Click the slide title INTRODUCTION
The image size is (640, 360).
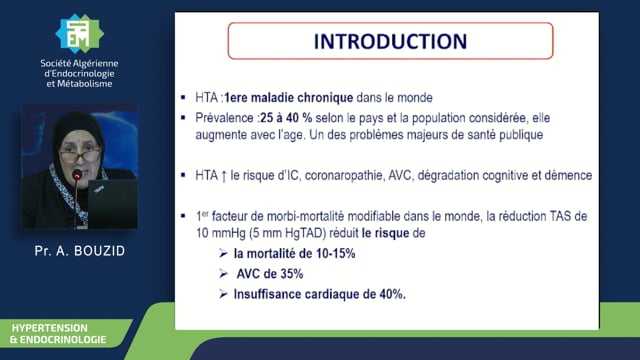click(390, 41)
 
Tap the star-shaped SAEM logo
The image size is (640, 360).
click(79, 34)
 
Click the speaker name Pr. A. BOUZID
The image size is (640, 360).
click(80, 251)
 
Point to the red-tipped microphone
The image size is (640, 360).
click(76, 176)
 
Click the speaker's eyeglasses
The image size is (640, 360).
click(80, 155)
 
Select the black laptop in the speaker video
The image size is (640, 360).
click(112, 203)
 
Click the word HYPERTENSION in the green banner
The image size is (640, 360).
click(49, 328)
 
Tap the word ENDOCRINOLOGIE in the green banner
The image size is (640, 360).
click(63, 340)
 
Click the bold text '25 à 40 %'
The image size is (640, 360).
click(286, 118)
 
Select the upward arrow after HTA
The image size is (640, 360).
click(224, 176)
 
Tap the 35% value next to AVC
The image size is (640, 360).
click(291, 274)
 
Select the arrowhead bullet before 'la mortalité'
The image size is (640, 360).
click(223, 253)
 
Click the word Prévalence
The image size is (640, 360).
click(224, 118)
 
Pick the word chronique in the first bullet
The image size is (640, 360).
click(325, 98)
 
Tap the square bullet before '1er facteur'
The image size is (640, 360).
click(183, 216)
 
